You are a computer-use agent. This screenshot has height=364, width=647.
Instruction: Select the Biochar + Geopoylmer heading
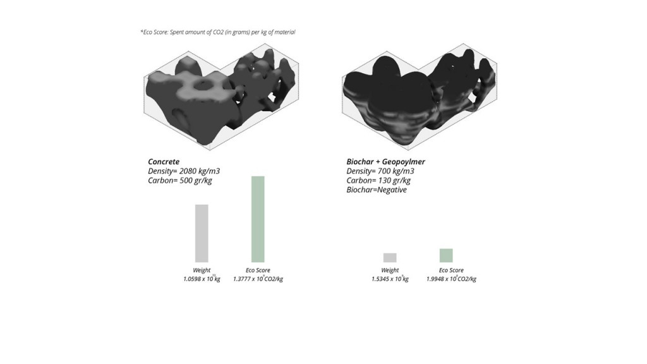pos(385,162)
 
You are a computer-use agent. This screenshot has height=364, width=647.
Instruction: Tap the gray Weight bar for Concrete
pos(202,233)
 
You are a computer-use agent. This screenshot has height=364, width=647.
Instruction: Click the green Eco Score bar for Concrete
pos(258,219)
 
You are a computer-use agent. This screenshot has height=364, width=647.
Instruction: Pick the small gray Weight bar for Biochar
pos(390,257)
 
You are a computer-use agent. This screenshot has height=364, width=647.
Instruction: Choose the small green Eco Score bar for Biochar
pos(446,255)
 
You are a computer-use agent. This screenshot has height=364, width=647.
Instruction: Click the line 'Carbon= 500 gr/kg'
pos(179,181)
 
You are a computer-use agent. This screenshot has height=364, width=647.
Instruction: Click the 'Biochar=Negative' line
pos(377,190)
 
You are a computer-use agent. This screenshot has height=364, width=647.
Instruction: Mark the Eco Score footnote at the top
pos(217,32)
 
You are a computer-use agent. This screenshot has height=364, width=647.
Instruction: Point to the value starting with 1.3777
pos(258,279)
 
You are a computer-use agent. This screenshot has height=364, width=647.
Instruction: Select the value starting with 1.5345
pos(390,279)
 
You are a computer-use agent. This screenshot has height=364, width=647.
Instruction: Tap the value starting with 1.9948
pos(450,279)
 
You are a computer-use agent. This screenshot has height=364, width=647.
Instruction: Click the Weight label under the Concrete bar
pos(202,270)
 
